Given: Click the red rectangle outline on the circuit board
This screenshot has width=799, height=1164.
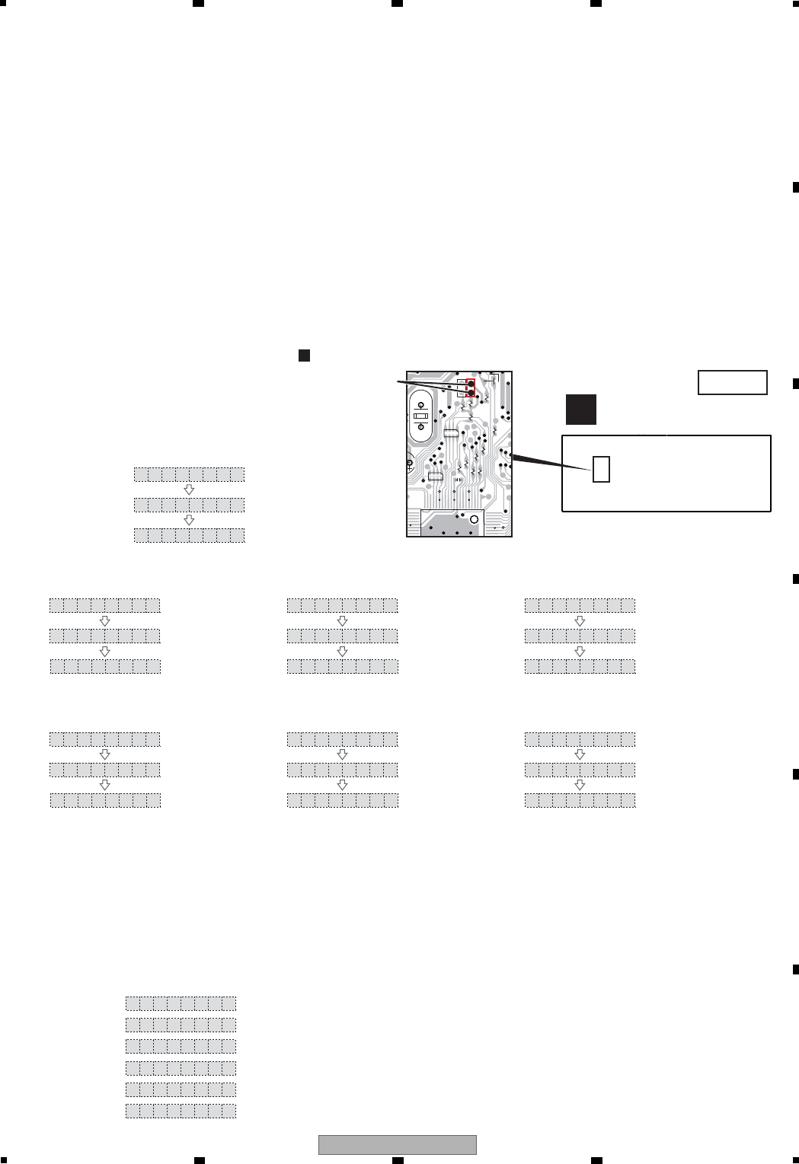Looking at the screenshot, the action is (x=471, y=387).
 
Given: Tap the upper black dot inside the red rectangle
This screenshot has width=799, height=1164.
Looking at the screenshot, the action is (x=471, y=383).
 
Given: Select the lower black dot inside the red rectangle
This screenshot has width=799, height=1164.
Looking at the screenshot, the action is (x=471, y=393).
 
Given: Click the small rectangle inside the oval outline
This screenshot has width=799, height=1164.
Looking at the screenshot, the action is (x=420, y=416).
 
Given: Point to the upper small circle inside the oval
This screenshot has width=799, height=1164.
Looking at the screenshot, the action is (x=420, y=406).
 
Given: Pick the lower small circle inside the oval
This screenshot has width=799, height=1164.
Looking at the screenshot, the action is (x=420, y=427).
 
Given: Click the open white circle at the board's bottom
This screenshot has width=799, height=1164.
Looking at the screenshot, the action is (x=474, y=518).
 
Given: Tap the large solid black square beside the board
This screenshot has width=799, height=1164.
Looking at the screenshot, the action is (x=580, y=410).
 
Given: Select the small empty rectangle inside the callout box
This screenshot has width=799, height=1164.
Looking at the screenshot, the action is (x=601, y=469).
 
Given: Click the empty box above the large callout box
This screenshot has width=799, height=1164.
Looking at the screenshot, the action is (x=732, y=382).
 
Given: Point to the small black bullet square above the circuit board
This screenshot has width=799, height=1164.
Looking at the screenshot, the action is (x=303, y=355).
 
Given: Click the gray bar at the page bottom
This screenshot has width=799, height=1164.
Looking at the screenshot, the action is (x=397, y=1144).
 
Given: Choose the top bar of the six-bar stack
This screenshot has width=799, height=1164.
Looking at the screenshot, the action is (x=181, y=1003).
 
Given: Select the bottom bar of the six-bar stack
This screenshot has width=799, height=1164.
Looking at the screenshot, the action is (x=181, y=1111).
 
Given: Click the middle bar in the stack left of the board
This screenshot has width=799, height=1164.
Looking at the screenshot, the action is (x=189, y=505).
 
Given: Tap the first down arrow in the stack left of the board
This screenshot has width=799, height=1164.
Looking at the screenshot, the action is (x=189, y=490).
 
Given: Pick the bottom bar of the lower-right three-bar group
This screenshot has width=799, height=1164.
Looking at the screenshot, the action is (x=580, y=800).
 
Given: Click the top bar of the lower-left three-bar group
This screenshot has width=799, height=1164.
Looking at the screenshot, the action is (x=105, y=739).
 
